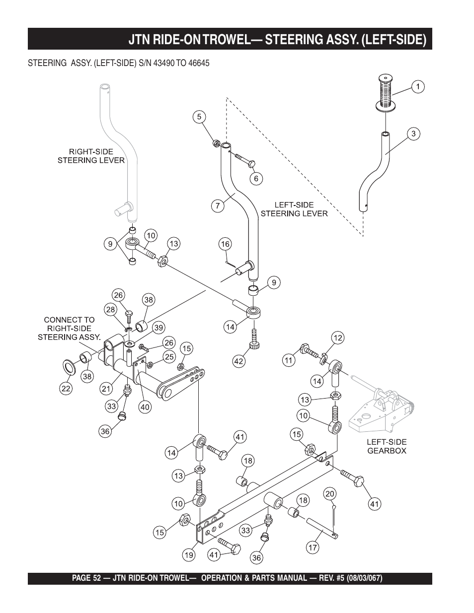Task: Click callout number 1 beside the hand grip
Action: coord(418,87)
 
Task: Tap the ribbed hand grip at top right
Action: coord(386,92)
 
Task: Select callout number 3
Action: coord(413,134)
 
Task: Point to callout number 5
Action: coord(199,117)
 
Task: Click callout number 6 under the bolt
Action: coord(256,178)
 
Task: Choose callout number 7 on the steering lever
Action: coord(218,206)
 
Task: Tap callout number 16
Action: coord(226,244)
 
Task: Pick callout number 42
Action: coord(239,361)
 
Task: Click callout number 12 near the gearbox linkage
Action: coord(338,339)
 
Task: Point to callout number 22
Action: coord(66,388)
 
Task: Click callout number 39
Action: coord(158,327)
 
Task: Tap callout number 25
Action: coord(169,356)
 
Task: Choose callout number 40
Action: coord(145,407)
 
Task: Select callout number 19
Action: coord(188,556)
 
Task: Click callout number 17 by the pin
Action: coord(313,548)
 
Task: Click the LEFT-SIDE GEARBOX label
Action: coord(387,446)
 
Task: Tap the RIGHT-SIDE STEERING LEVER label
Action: coord(91,156)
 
